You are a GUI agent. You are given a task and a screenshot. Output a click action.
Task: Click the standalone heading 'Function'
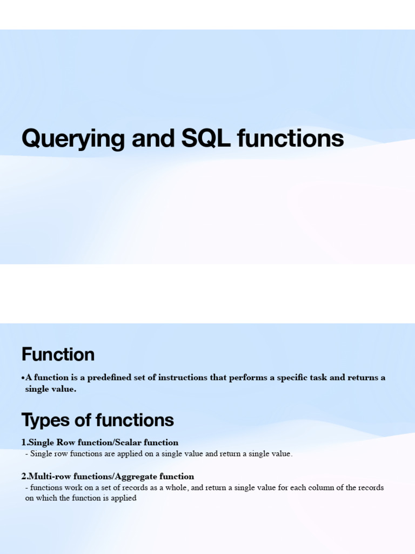58,355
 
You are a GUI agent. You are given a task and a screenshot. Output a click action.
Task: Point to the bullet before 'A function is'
23,378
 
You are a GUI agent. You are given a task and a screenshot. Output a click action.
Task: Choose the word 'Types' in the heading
44,420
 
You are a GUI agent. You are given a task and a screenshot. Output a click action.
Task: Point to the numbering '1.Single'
38,443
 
